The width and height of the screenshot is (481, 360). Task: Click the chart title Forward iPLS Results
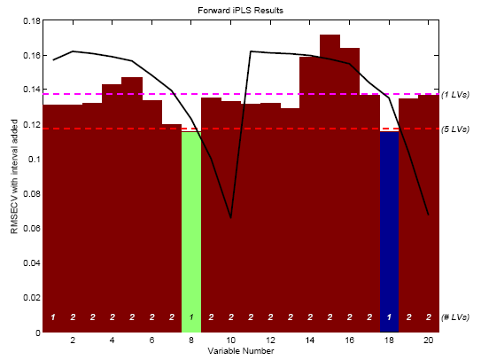pos(240,9)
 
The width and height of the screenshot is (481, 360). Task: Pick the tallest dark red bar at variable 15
pos(330,177)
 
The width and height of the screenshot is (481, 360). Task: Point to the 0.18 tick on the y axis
pos(29,20)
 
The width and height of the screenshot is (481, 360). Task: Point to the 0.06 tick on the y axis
pos(29,228)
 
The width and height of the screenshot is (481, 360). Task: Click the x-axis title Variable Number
pos(240,352)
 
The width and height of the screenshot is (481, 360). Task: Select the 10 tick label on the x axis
pos(230,340)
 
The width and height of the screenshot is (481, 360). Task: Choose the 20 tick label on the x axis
pos(428,340)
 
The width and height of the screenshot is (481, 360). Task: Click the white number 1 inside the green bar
pos(191,317)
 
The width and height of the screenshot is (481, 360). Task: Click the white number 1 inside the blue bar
pos(389,317)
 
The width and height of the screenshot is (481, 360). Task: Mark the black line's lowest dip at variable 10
pos(230,217)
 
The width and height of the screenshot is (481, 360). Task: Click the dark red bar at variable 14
pos(310,195)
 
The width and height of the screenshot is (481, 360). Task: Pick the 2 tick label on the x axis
pos(73,340)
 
